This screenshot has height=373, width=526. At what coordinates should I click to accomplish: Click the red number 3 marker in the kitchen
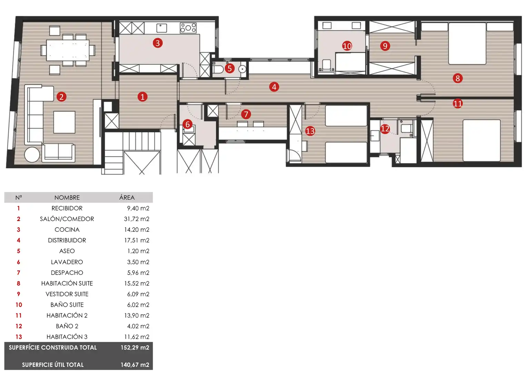[158, 43]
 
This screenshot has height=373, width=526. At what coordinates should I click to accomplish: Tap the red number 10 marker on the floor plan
[347, 46]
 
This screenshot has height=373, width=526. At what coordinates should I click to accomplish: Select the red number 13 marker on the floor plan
[310, 131]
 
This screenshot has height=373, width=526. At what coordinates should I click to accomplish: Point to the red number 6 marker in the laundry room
[187, 124]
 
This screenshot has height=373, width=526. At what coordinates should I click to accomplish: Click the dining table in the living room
[68, 50]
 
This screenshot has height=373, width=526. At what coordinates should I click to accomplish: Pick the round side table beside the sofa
[32, 154]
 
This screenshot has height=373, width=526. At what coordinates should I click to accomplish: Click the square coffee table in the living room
[64, 122]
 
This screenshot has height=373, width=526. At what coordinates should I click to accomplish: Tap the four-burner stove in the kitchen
[188, 28]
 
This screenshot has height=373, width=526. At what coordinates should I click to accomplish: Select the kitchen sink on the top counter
[161, 28]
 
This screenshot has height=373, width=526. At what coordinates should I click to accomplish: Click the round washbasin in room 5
[242, 69]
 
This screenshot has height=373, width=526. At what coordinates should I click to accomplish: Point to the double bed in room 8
[467, 43]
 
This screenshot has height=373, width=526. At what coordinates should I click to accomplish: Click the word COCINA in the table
[67, 230]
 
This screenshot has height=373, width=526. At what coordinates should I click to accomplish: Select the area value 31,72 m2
[137, 219]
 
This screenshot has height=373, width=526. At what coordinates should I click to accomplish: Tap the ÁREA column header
[127, 197]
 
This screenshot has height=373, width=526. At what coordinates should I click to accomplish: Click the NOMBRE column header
[67, 198]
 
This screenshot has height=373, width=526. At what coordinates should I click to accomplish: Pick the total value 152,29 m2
[135, 347]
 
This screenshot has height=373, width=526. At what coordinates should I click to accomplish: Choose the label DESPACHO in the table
[67, 272]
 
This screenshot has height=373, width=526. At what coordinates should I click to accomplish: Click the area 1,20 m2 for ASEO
[138, 251]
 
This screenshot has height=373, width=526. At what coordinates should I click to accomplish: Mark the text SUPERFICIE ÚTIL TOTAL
[53, 365]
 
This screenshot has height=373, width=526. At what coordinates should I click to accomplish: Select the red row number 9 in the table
[19, 294]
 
